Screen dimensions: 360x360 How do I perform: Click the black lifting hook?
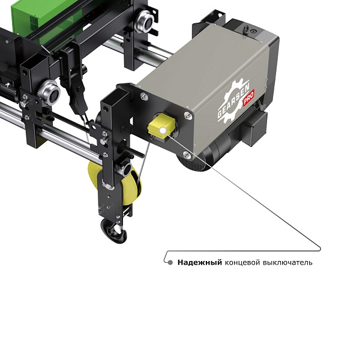point(114,231)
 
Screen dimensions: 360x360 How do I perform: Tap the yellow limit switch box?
point(161,127)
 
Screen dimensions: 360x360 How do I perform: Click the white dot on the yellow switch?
point(163,130)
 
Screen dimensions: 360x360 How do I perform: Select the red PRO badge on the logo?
point(248,98)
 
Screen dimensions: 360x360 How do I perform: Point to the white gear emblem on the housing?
point(234,101)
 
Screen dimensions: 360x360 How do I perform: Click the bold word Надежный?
point(200,262)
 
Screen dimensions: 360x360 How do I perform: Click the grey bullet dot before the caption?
point(170,262)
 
